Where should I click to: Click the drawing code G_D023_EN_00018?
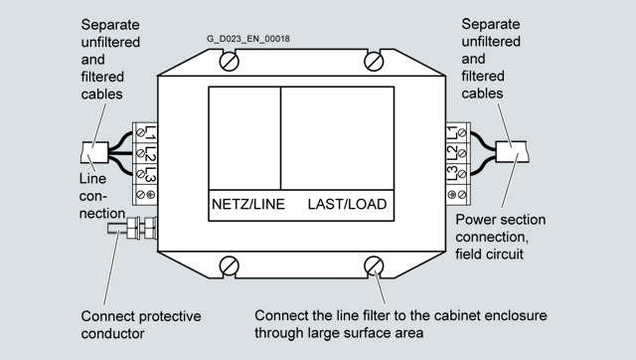pos(248,39)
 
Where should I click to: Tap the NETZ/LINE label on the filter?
pos(248,204)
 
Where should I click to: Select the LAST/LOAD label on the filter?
pos(347,204)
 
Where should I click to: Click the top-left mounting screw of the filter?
pos(230,62)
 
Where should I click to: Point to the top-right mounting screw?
pos(374,62)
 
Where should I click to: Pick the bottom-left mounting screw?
pos(230,266)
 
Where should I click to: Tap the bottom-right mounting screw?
pos(374,266)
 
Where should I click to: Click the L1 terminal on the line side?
pos(145,132)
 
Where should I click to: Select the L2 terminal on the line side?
pos(145,153)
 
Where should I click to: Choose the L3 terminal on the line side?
pos(145,174)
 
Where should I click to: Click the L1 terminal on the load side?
pos(458,132)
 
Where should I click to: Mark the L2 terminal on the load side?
pos(458,153)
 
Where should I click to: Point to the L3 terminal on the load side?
pos(458,174)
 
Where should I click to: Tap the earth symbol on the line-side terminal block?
pos(150,194)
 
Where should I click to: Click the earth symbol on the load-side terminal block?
pos(452,194)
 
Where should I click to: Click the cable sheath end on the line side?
pos(94,152)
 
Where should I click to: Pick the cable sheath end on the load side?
pos(512,152)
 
